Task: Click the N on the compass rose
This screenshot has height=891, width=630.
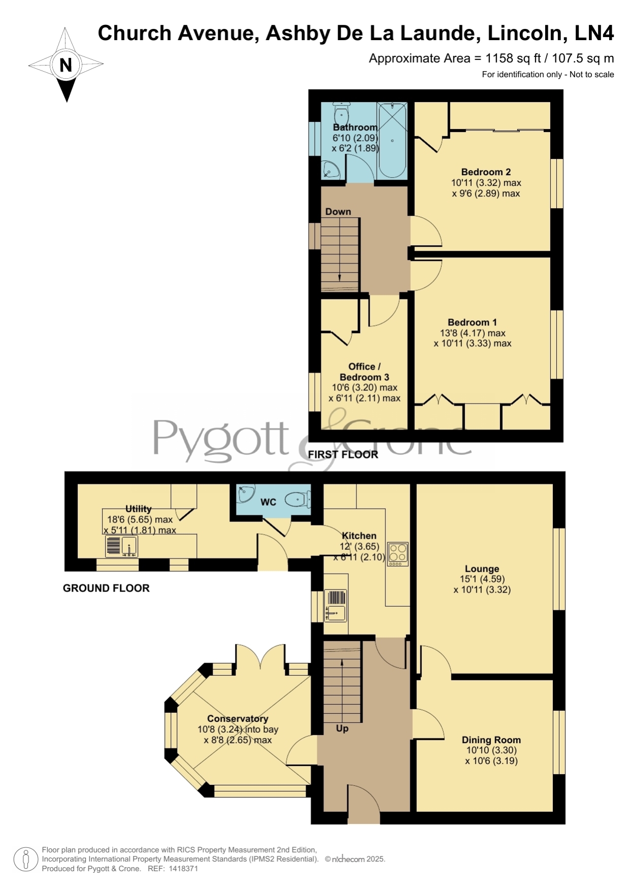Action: coord(65,65)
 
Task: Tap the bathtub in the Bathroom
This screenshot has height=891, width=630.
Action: coord(392,140)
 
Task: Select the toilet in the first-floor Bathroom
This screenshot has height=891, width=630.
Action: coord(341,112)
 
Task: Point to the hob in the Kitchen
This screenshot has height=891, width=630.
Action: coord(398,554)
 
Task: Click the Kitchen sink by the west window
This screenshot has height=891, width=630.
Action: coord(335,605)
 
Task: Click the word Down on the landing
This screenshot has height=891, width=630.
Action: coord(338,212)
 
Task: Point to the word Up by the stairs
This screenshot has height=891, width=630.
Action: coord(342,729)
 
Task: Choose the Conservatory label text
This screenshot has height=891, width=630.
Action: coord(238,718)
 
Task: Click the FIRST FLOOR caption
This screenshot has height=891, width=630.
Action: coord(343,454)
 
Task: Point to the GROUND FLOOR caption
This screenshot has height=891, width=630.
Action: coord(106,588)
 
